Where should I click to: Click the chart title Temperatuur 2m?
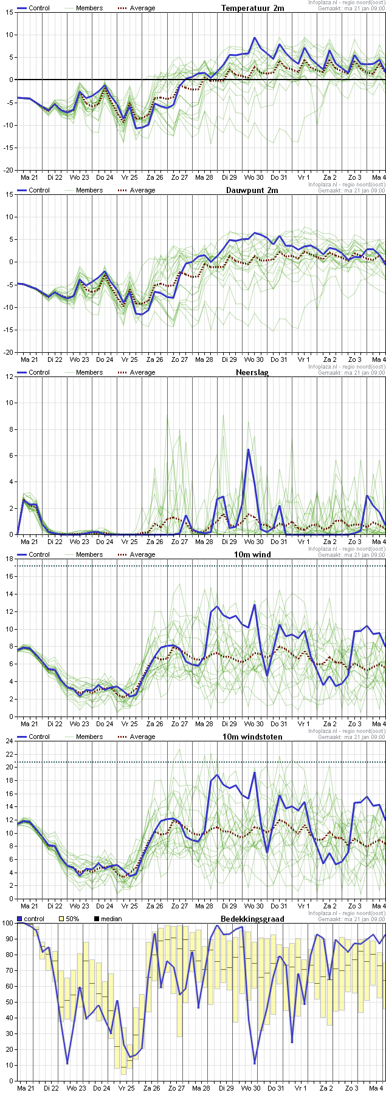(x=252, y=8)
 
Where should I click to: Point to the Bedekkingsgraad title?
(x=251, y=919)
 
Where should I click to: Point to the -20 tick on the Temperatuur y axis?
(x=7, y=170)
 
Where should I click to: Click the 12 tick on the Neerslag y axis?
(x=9, y=376)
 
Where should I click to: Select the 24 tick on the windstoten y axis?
(x=9, y=741)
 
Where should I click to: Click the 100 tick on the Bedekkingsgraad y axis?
(x=7, y=923)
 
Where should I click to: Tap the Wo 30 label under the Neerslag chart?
(x=253, y=541)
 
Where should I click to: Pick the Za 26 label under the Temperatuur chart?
(x=155, y=177)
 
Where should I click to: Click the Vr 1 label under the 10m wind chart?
(x=303, y=723)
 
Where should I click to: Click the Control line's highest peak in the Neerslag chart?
(x=249, y=450)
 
